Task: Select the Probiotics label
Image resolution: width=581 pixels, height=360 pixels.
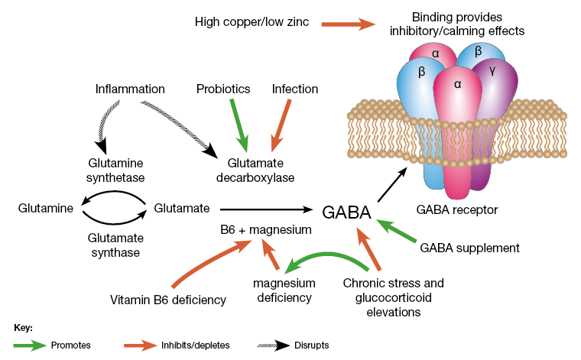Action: tap(223, 89)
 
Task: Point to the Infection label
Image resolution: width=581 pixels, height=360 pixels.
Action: tap(296, 89)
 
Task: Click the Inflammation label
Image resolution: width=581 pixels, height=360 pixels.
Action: tap(131, 89)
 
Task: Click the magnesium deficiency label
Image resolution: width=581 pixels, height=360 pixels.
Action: tap(284, 290)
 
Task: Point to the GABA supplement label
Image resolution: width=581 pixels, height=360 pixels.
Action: tap(469, 248)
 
